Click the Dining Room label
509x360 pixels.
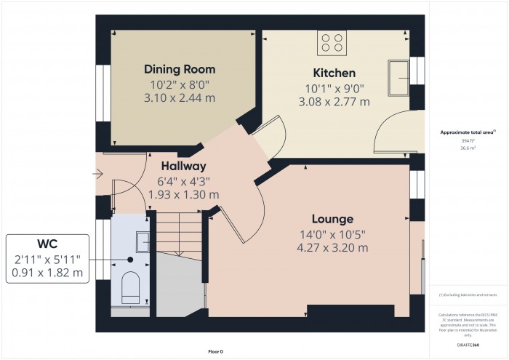tap(180, 69)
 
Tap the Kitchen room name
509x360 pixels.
tap(334, 73)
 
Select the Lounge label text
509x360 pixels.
tap(332, 219)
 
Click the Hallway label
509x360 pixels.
tap(184, 166)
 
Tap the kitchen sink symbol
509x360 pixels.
tap(398, 77)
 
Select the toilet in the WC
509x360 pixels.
tap(130, 289)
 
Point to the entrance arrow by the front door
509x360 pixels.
tap(99, 174)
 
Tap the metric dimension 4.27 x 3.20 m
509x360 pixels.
tap(332, 247)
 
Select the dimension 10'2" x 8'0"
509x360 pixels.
tap(180, 84)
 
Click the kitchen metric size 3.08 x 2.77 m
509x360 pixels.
tap(334, 101)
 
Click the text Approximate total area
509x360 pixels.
tap(467, 132)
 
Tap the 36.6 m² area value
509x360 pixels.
tap(468, 148)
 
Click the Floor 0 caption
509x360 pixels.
tap(215, 351)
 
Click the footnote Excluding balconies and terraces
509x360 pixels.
tap(468, 295)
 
